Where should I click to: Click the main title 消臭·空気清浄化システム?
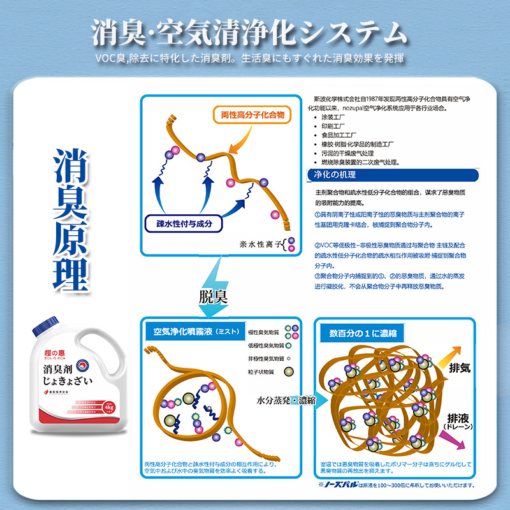click(249, 33)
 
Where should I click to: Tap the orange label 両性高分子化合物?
click(252, 115)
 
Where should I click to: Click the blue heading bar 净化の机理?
click(332, 175)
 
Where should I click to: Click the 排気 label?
click(461, 368)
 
